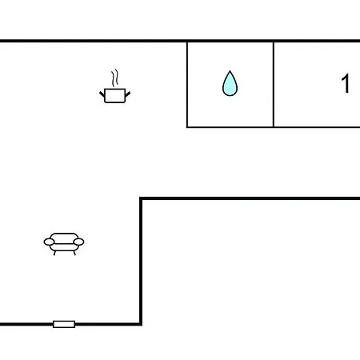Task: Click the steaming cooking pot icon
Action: coord(115,86)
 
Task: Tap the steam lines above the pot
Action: coord(115,78)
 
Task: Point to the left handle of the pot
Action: coord(102,94)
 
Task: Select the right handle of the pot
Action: coord(128,94)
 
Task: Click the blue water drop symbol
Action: coord(230,83)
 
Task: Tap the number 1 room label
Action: coord(346,83)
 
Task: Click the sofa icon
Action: coord(64,244)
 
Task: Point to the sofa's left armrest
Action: coord(49,242)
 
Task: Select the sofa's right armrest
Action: coord(78,242)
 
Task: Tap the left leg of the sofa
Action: coord(54,253)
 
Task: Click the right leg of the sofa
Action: coord(74,253)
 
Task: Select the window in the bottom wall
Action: coord(64,324)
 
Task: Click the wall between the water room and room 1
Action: coord(274,85)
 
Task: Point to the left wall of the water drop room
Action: coord(187,85)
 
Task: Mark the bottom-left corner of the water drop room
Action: coord(187,127)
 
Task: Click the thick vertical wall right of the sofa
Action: coord(141,262)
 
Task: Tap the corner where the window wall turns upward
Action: coord(141,324)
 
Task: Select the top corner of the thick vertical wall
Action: coord(141,198)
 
